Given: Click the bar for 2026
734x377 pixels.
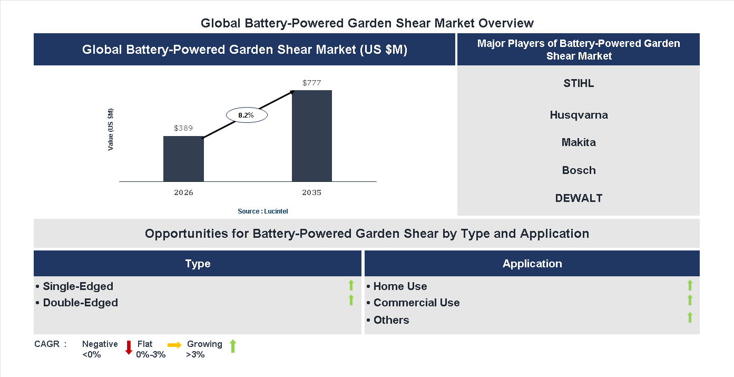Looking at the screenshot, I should [x=183, y=159].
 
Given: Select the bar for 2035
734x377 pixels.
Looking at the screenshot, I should [x=312, y=136].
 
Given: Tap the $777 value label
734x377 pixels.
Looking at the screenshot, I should [x=312, y=83].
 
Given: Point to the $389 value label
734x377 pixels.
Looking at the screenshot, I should [x=183, y=128].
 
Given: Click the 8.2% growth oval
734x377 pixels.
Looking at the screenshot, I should [x=246, y=114].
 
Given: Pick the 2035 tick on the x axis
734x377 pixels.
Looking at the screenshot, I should [x=311, y=192].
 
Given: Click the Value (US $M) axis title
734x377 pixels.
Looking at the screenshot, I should [x=111, y=130].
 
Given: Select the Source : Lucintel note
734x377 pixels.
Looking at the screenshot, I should [x=262, y=211].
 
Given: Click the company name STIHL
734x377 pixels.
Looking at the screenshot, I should [x=579, y=83].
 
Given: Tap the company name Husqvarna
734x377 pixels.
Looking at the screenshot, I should [x=579, y=115].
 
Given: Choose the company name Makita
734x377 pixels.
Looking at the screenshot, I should [x=579, y=142].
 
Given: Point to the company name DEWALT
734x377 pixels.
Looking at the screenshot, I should [x=579, y=198].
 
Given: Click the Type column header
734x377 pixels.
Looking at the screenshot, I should [x=198, y=264].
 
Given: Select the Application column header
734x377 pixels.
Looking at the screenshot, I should [x=532, y=264].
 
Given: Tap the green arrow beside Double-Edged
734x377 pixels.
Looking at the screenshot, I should [x=351, y=301].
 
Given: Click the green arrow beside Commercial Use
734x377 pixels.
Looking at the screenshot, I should [x=690, y=301].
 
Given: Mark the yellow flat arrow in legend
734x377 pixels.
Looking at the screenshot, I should [x=174, y=345].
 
